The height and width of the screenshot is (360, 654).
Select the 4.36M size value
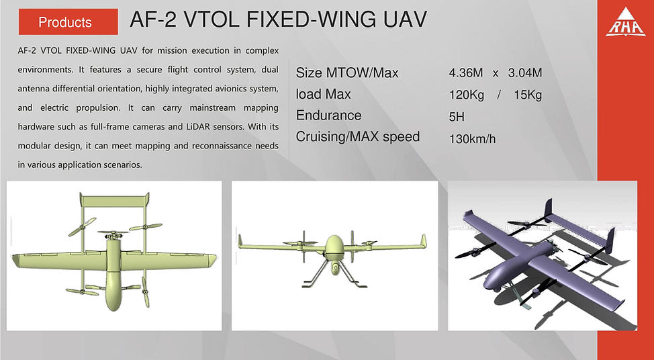pos(466,73)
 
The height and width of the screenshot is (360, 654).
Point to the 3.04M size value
pos(525,73)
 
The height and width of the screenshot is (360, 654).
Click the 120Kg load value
pos(467,95)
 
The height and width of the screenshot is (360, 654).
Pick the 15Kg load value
pos(528,95)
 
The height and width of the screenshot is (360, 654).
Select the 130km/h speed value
pos(473,139)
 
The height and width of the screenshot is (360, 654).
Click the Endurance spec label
pos(328,115)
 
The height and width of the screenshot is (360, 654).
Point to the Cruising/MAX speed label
pos(358,137)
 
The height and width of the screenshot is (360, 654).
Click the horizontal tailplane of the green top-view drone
pos(114,201)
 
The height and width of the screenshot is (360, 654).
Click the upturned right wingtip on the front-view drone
pos(423,241)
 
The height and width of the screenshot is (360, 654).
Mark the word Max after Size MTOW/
pos(385,73)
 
